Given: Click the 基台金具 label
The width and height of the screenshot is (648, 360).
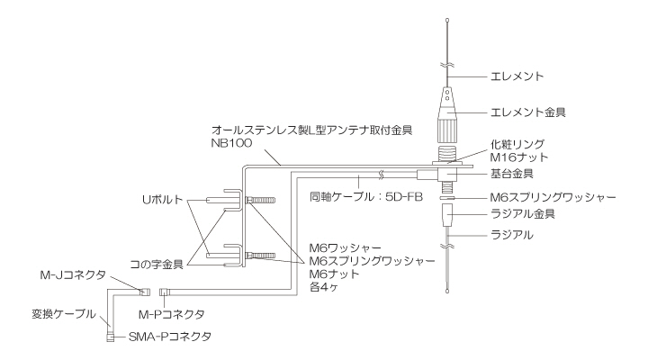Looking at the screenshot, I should (x=513, y=172).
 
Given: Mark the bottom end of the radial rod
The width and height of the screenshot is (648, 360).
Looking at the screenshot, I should (x=448, y=289).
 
